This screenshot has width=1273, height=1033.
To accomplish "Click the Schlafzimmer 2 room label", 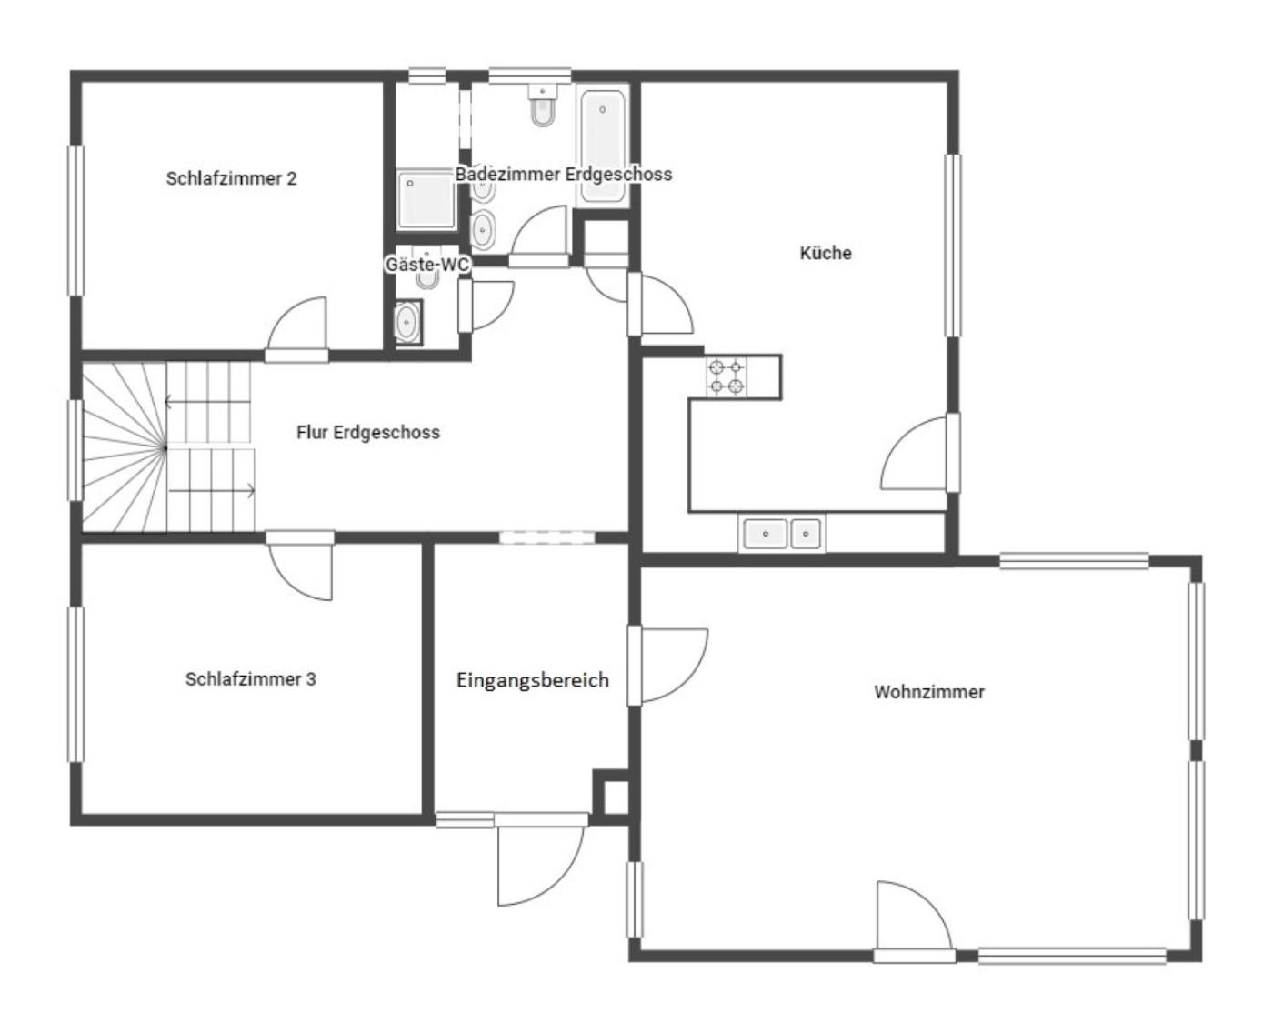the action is click(x=231, y=178).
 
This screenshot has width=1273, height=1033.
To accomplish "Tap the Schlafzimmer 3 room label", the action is click(x=250, y=678).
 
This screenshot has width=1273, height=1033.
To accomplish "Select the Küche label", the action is click(x=826, y=253).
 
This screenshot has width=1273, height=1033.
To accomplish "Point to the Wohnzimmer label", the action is click(x=928, y=692).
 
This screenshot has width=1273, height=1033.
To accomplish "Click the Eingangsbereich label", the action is click(x=533, y=680).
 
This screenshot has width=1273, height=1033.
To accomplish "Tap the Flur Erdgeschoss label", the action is click(x=368, y=432).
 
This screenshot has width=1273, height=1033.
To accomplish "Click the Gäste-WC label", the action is click(x=427, y=264).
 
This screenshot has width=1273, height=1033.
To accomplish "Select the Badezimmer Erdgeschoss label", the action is click(x=564, y=174).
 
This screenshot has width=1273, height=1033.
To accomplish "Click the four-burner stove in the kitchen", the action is click(x=727, y=377).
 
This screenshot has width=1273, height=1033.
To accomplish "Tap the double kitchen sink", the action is click(x=782, y=533).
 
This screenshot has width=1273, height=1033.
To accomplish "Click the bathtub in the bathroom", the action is click(x=603, y=146).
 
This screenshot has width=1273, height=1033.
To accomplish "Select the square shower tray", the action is click(x=426, y=198).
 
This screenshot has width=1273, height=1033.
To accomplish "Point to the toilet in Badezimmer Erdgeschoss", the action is click(x=543, y=105).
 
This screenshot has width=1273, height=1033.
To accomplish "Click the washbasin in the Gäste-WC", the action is click(x=407, y=322).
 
